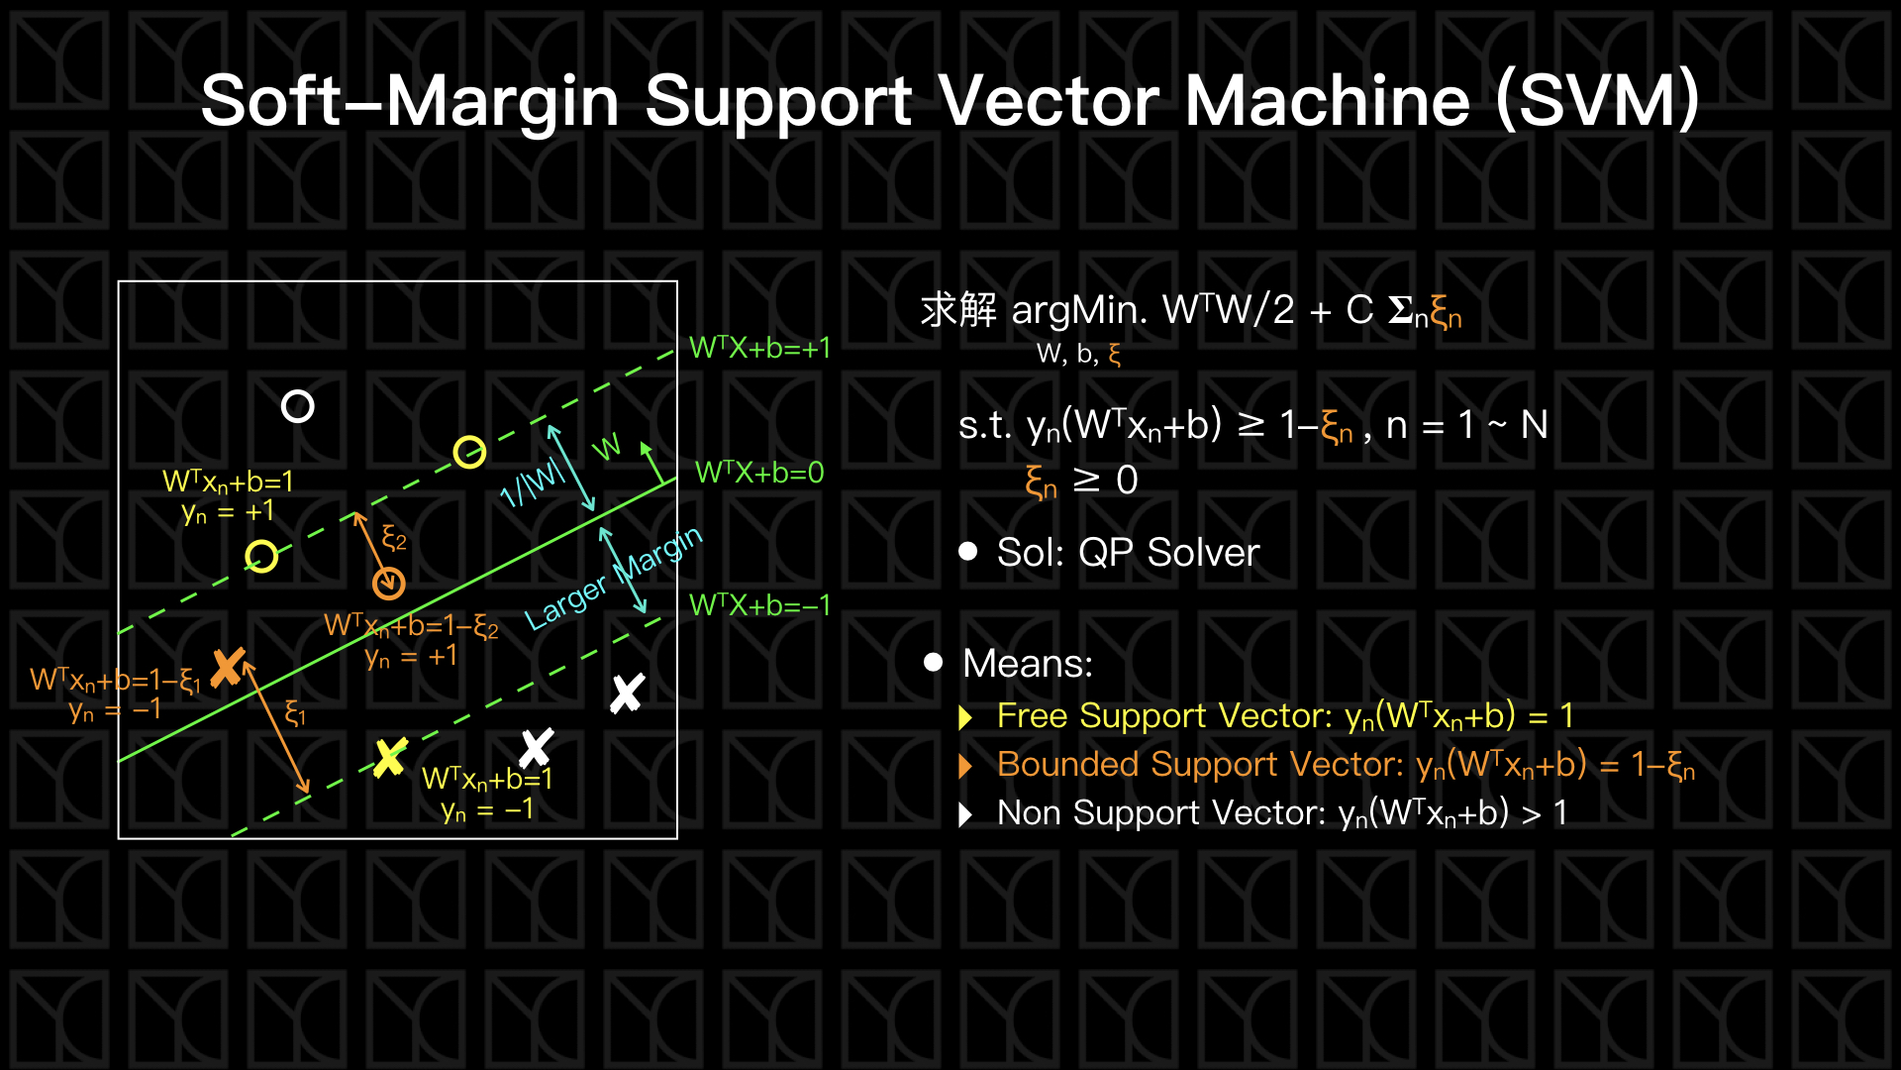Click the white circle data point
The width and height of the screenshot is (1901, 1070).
pos(297,406)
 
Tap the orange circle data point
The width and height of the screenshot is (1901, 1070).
pos(388,584)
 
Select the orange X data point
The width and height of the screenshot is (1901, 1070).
pos(228,667)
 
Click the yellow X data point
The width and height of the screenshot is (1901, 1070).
pos(390,758)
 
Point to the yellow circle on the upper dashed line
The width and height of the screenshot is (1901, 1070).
pos(469,452)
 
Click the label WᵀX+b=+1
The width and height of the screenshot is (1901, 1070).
pos(759,348)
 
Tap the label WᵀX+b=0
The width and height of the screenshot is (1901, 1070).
pos(759,473)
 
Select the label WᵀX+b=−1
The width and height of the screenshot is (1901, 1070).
pos(759,604)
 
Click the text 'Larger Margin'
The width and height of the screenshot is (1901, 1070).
pos(613,579)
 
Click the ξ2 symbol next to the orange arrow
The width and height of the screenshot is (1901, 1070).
pos(394,539)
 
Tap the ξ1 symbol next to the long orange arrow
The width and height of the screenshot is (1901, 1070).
pos(295,712)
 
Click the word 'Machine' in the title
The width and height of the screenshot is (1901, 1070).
pos(1327,101)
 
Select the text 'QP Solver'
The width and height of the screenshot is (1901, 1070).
pos(1168,552)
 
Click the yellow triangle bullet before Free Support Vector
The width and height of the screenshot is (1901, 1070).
pos(966,717)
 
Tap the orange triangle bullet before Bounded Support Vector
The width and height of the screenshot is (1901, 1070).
pos(966,766)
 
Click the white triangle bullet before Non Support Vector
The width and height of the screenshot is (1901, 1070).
pos(966,814)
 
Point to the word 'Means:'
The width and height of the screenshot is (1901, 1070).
pos(1027,663)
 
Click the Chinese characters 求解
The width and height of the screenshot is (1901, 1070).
pos(957,310)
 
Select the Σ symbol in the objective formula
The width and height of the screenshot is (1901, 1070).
pos(1400,310)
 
